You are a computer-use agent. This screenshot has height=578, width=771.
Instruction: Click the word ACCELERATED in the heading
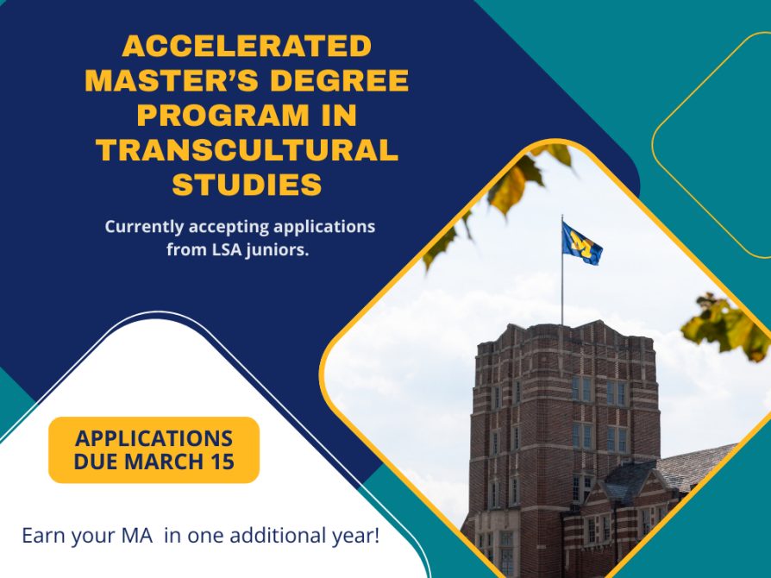coord(247,46)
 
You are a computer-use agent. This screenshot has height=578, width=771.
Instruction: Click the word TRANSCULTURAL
coord(247,149)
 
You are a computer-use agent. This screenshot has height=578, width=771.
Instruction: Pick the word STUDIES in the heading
coord(247,184)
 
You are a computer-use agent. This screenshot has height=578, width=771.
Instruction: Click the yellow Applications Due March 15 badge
coord(154,449)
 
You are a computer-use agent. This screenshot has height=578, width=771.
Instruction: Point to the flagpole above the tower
coord(561,276)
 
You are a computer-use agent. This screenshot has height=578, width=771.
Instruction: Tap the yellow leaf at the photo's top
coord(509,185)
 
